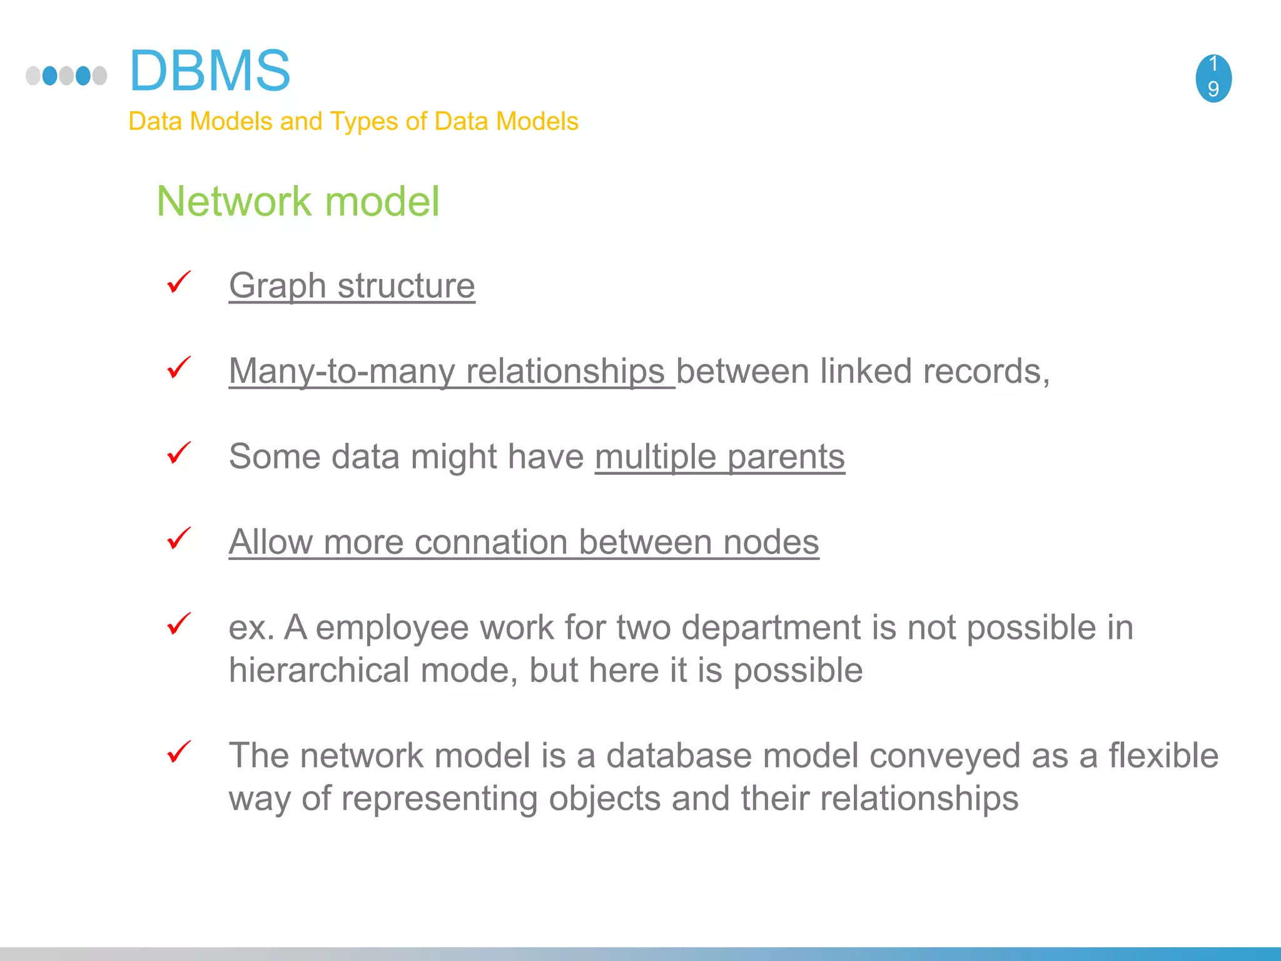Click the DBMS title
pos(210,71)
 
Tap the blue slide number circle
pos(1213,78)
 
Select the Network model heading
pos(298,201)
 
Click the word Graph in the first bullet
pos(277,287)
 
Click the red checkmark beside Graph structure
pos(178,282)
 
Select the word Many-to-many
pos(342,372)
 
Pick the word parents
pos(786,457)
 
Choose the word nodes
pos(771,542)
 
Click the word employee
pos(392,628)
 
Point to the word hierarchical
pos(319,671)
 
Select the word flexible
pos(1163,756)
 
